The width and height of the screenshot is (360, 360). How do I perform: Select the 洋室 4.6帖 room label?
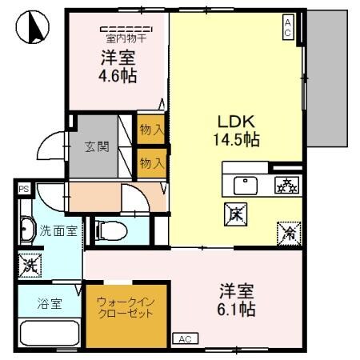tap(117, 67)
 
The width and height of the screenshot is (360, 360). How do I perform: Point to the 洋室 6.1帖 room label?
tap(238, 298)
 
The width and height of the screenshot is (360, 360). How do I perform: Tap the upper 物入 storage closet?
tap(151, 129)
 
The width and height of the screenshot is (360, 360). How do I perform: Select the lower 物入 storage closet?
tap(151, 162)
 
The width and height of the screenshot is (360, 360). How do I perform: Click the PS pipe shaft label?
tap(24, 190)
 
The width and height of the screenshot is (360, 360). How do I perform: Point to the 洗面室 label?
tap(58, 231)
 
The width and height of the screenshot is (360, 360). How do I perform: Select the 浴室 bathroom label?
tap(50, 304)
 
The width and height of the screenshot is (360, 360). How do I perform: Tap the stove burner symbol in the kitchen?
tap(286, 186)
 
